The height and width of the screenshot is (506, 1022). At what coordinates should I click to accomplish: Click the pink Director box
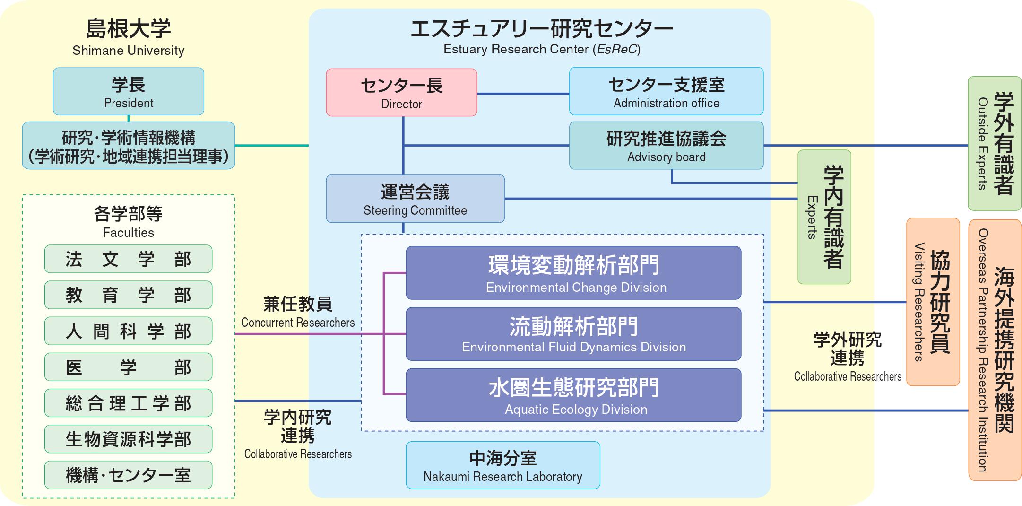tap(401, 93)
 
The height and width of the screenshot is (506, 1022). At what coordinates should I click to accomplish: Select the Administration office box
tap(666, 92)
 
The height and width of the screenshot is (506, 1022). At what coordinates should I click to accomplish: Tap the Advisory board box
tap(666, 146)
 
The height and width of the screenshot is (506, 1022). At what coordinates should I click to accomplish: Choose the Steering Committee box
tap(415, 199)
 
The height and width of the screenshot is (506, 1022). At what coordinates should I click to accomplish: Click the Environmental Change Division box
tap(573, 273)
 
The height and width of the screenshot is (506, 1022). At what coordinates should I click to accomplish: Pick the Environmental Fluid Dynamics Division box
tap(573, 334)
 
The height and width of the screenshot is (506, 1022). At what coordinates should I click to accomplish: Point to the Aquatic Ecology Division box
tap(573, 395)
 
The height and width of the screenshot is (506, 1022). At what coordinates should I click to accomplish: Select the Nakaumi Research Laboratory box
tap(503, 465)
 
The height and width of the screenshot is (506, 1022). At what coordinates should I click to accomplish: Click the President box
tap(129, 92)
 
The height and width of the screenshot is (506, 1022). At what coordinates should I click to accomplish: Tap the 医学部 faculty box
tap(129, 367)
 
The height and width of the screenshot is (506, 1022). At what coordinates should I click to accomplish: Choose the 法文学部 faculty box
tap(129, 259)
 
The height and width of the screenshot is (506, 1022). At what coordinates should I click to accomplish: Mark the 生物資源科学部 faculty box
tap(129, 439)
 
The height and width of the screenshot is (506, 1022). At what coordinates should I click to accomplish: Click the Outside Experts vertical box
tap(995, 144)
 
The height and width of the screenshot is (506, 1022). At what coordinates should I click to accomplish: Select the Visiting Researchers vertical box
tap(933, 302)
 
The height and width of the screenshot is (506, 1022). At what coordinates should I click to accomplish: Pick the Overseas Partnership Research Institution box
tap(995, 350)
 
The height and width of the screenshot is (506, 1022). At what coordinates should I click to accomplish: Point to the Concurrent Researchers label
tap(298, 323)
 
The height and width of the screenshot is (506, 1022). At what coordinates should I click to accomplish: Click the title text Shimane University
tap(129, 51)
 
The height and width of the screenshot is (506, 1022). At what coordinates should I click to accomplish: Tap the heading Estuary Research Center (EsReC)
tap(542, 49)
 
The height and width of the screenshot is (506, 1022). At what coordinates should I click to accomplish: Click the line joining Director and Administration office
tap(523, 94)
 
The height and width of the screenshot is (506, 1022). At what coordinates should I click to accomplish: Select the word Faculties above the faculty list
tap(129, 233)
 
